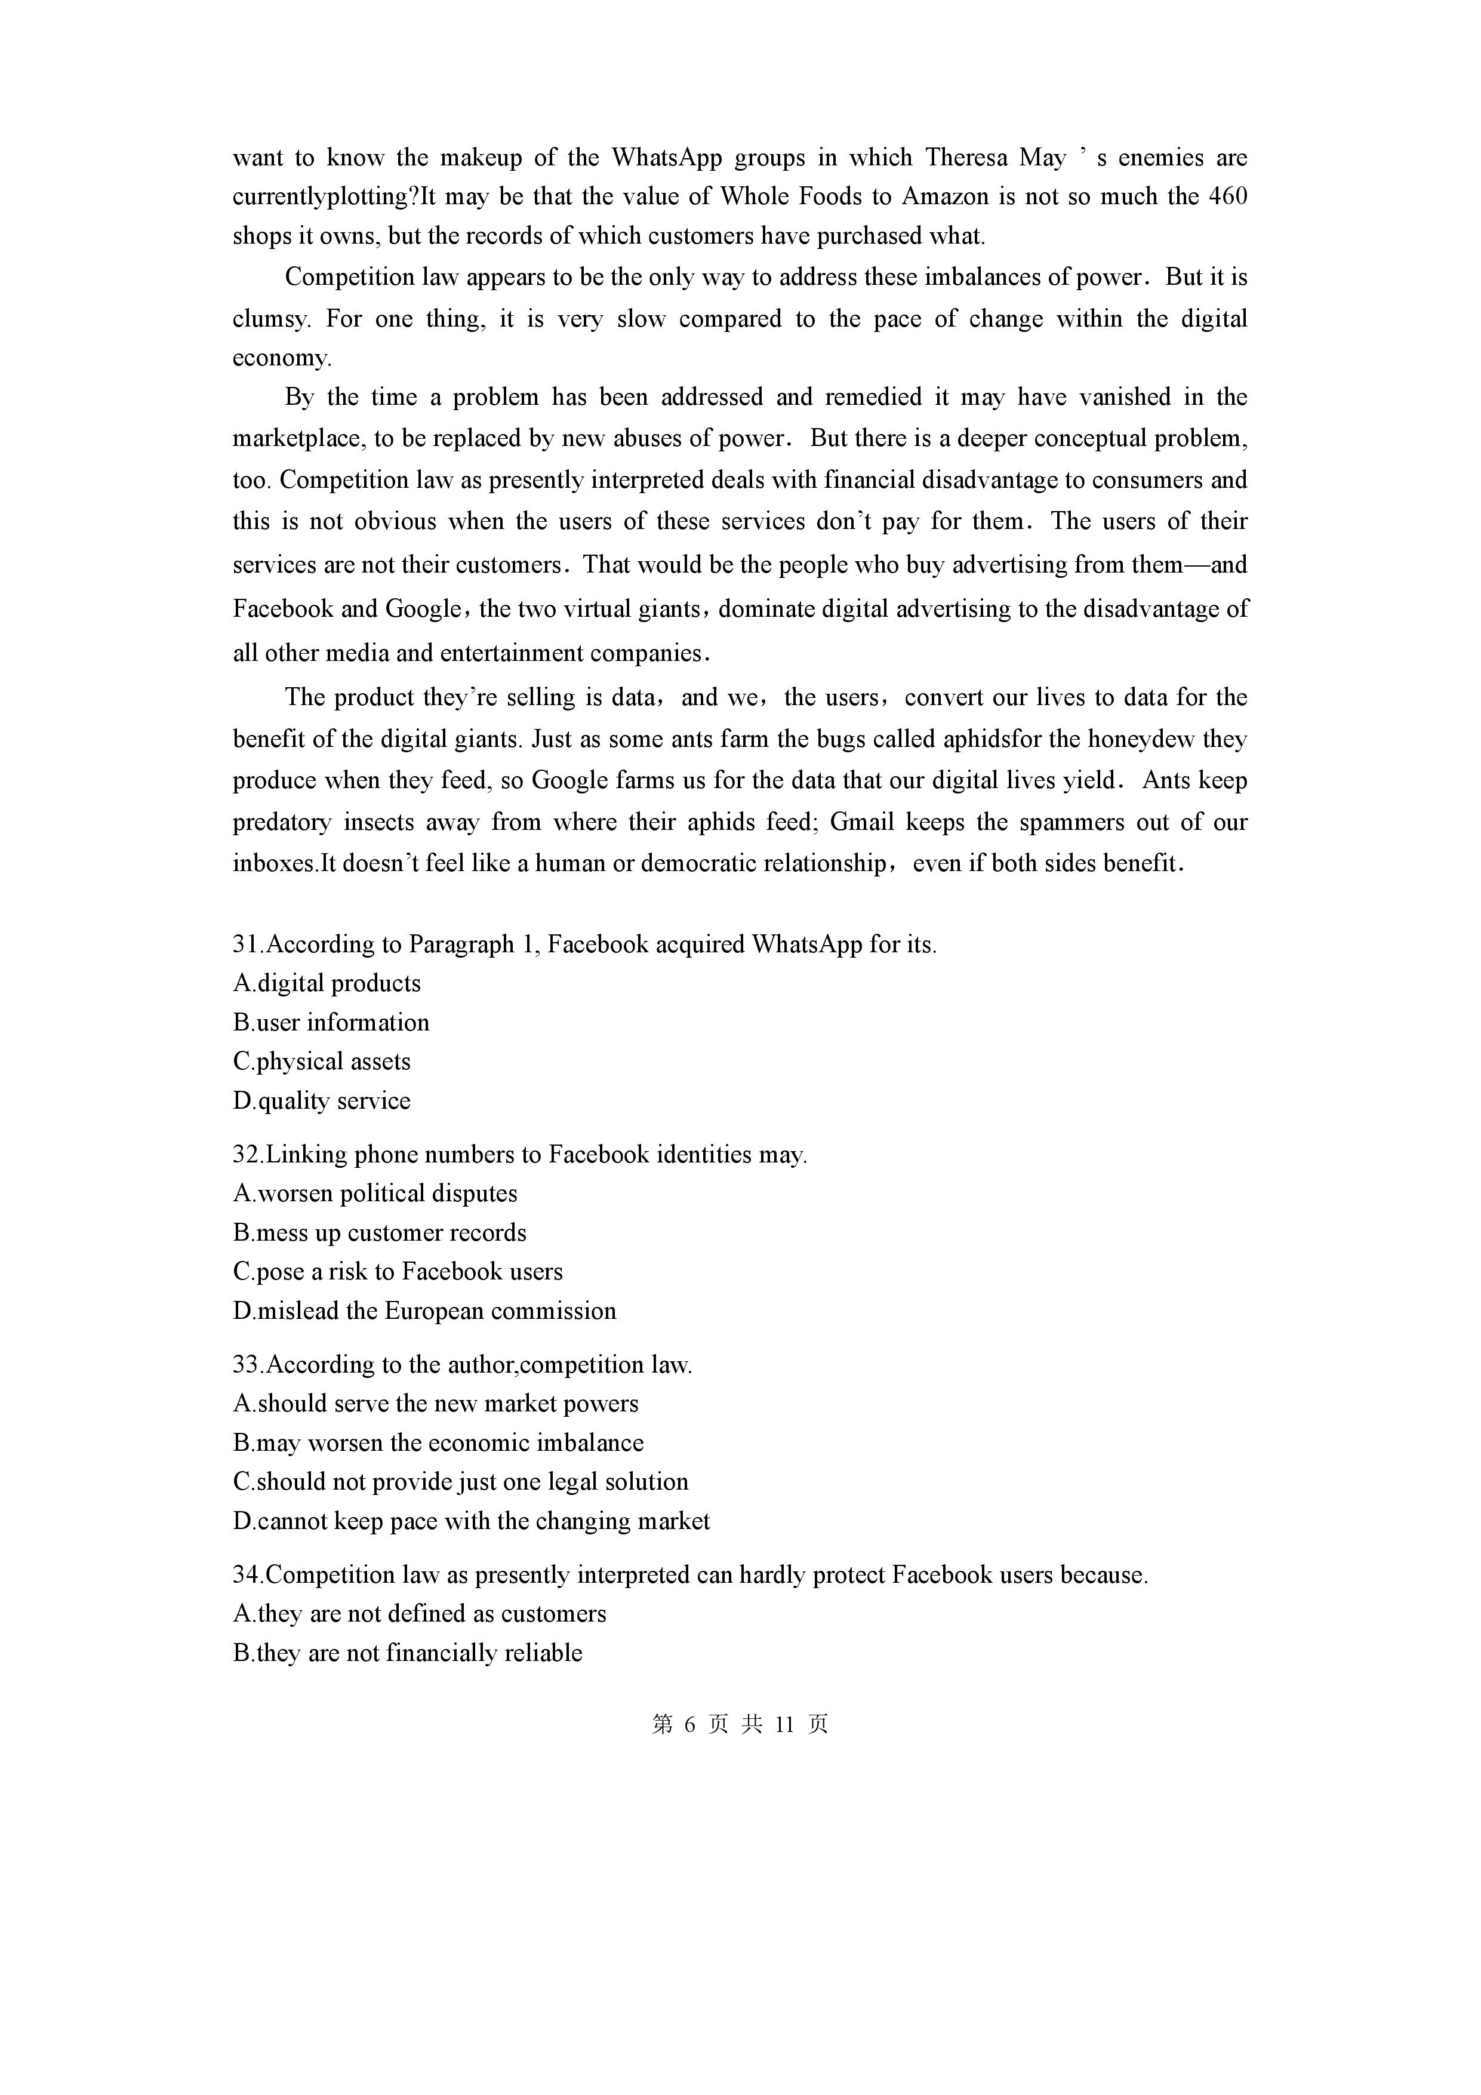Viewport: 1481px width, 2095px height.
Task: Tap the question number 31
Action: pyautogui.click(x=247, y=945)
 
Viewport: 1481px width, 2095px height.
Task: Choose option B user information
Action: pyautogui.click(x=331, y=1023)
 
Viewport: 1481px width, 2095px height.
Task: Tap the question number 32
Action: pyautogui.click(x=247, y=1155)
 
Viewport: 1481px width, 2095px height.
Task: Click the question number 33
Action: pyautogui.click(x=247, y=1365)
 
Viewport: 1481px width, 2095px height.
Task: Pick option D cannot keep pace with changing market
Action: pyautogui.click(x=472, y=1522)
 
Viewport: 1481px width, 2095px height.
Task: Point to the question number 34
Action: pyautogui.click(x=247, y=1576)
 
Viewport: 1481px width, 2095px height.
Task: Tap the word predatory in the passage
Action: pyautogui.click(x=281, y=822)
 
